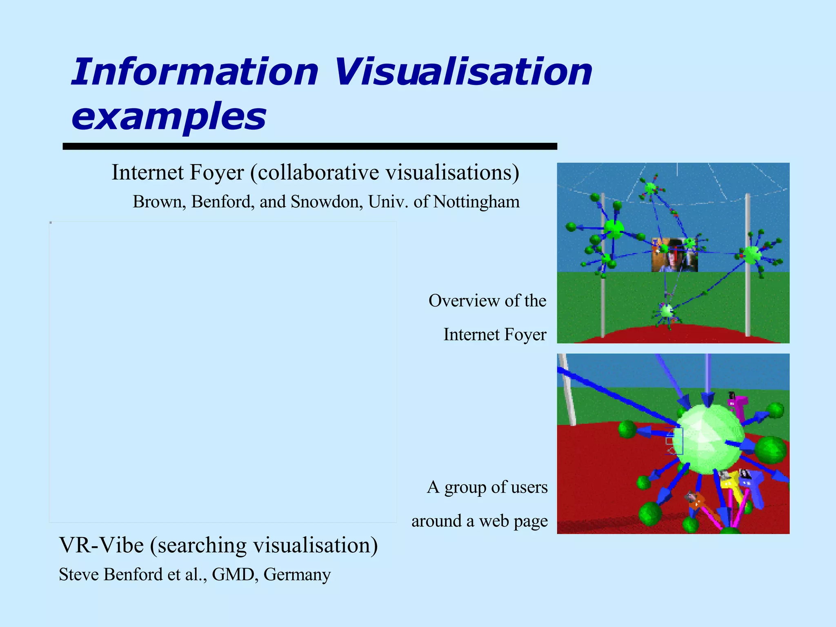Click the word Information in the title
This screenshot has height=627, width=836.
pos(194,72)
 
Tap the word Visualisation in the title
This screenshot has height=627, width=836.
pos(463,72)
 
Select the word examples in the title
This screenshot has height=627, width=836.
pos(169,117)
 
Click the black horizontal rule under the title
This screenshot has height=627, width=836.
pos(309,147)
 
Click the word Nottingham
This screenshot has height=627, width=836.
pos(476,202)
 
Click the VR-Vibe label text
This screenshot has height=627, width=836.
pos(101,545)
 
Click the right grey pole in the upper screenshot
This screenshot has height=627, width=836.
pos(747,265)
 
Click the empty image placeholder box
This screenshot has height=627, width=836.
pos(223,371)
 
